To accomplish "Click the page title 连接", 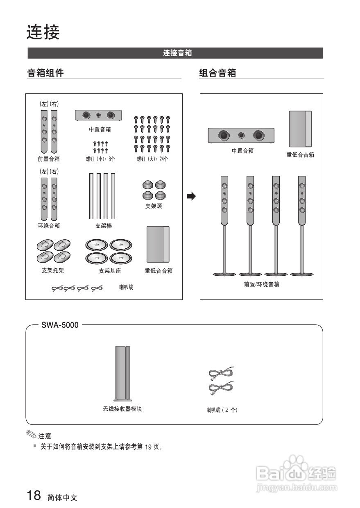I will [43, 32].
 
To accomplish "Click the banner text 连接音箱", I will [177, 53].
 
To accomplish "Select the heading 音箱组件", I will [45, 73].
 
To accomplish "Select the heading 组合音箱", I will [217, 73].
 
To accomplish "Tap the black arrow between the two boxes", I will [191, 196].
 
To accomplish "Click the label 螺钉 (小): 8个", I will [100, 159].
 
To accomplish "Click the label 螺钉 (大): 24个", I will [152, 159].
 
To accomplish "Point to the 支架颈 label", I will [154, 206].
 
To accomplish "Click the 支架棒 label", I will [103, 226].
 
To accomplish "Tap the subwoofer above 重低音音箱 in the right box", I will [300, 129].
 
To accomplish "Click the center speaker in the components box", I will [99, 115].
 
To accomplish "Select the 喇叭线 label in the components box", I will [126, 287].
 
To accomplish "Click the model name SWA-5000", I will [60, 325].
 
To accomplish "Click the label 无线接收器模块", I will [122, 409].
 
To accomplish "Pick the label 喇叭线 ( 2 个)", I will [222, 410].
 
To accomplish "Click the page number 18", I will [34, 496].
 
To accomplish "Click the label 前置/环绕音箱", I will [261, 284].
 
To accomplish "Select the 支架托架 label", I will [53, 271].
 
